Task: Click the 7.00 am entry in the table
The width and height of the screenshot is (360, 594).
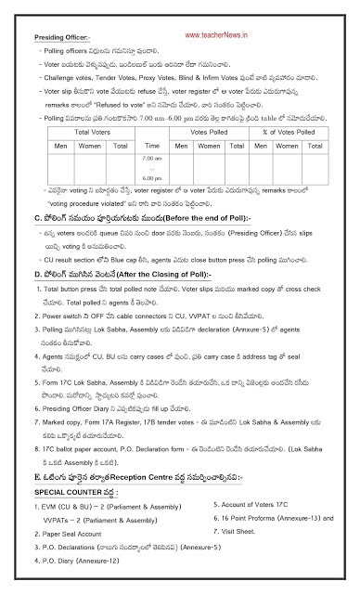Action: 153,159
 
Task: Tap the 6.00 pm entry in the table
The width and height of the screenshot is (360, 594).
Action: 153,176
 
